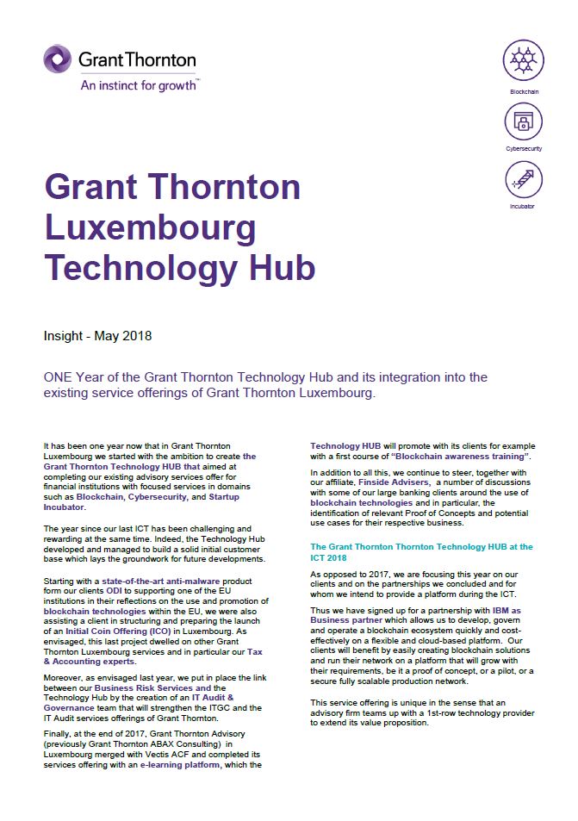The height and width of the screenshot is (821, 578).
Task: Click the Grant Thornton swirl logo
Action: coord(58,59)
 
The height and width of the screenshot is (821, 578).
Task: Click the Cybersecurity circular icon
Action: coord(522,121)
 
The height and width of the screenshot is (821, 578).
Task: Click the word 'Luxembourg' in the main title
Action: coord(150,227)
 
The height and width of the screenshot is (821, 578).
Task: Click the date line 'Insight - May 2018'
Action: coord(97,336)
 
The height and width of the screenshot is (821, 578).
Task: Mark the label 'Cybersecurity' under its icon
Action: coord(522,149)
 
